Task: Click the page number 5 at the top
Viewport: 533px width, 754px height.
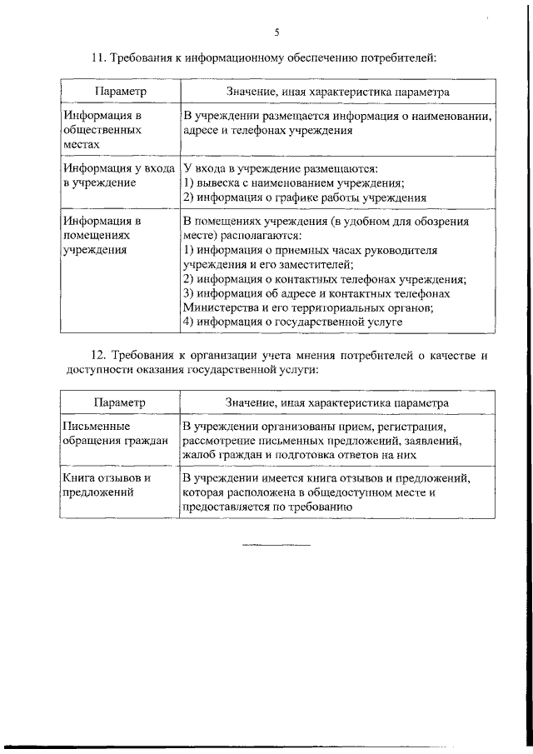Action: (x=276, y=32)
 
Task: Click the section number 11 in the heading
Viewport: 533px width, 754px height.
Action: (x=96, y=58)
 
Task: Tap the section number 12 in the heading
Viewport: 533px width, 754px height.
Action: (x=96, y=355)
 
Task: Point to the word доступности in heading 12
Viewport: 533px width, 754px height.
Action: (x=95, y=368)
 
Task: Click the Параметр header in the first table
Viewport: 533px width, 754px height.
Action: (x=120, y=90)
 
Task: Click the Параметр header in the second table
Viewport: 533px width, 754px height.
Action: (x=120, y=402)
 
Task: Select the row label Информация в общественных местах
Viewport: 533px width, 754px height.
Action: (x=102, y=130)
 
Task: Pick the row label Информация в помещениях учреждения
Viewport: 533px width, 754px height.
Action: (x=102, y=235)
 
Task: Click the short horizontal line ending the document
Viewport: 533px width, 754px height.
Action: (x=276, y=546)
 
